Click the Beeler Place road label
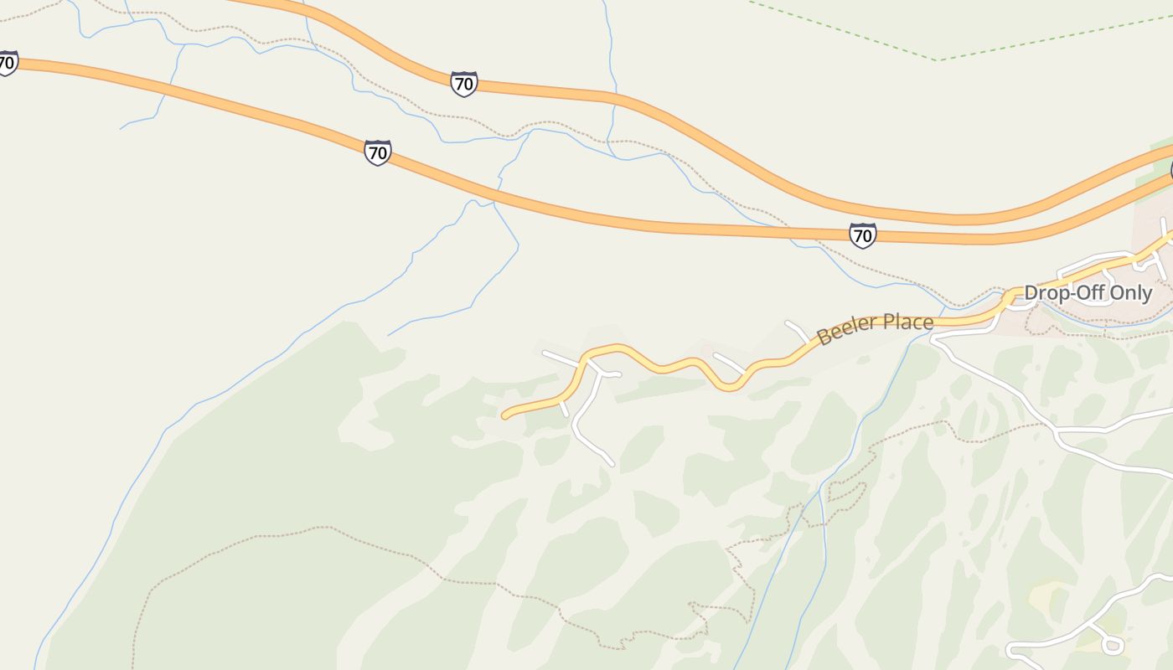[875, 328]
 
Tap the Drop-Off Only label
[1088, 293]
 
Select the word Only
[1130, 293]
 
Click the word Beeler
[846, 332]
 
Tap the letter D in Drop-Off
[1031, 293]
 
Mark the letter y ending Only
[1147, 295]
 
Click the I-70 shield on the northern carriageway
[463, 84]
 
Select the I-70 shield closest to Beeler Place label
[862, 235]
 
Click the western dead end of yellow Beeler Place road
[504, 415]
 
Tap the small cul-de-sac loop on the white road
[1113, 644]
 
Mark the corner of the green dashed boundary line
[939, 60]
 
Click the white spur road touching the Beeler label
[798, 330]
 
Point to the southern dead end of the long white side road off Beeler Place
[612, 463]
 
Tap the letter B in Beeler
[823, 338]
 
